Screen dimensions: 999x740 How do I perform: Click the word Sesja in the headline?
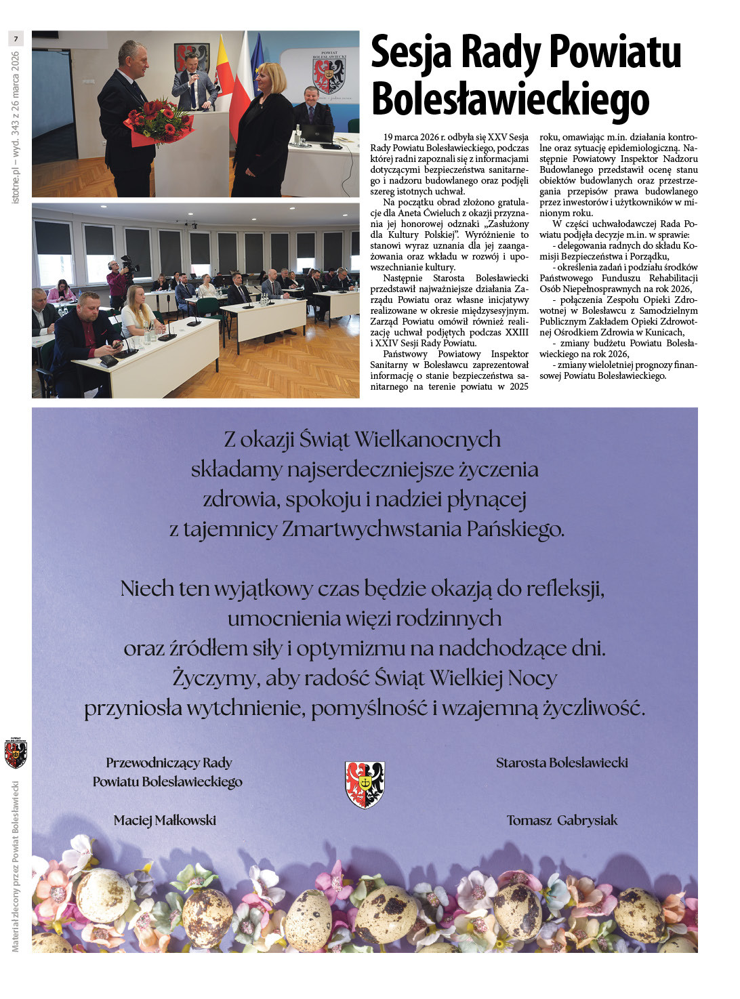point(411,53)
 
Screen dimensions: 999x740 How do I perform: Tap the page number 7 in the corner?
point(16,39)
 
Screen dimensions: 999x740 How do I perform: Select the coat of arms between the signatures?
point(365,784)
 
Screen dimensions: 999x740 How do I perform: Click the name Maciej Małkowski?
point(165,820)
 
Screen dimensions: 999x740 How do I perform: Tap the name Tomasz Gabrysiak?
point(562,820)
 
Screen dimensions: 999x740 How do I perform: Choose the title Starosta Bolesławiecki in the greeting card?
point(562,762)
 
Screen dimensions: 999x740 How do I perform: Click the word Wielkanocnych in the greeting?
point(428,440)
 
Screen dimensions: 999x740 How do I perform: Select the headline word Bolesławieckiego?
point(510,100)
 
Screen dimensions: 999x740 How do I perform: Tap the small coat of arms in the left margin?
point(16,753)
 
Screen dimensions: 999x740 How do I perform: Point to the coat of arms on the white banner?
point(329,75)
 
